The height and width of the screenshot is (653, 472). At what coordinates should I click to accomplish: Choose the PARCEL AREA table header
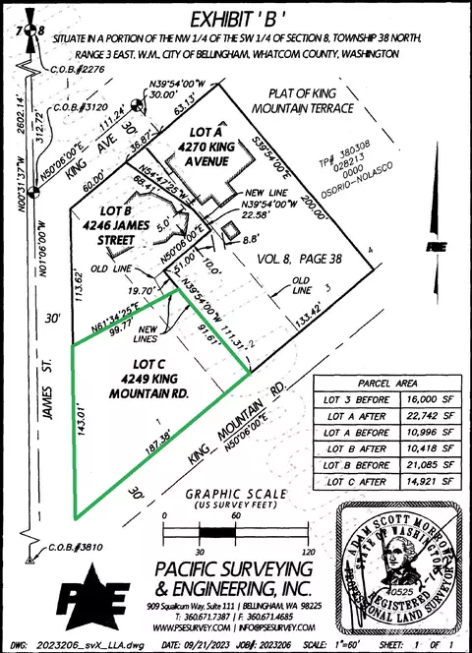pos(384,383)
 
